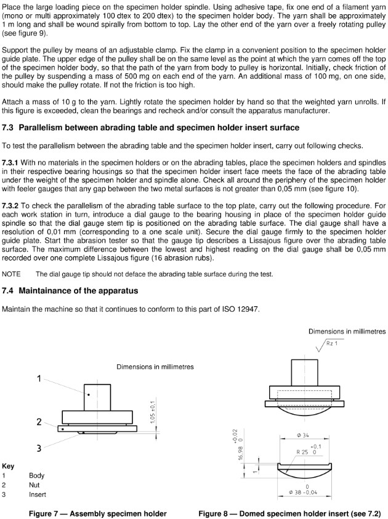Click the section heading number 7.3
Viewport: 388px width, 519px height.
click(x=9, y=128)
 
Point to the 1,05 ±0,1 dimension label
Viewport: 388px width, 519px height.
click(x=153, y=411)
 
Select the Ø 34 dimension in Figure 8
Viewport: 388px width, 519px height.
click(x=302, y=436)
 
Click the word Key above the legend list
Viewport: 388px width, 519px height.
click(x=9, y=466)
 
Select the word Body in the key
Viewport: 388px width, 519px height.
click(x=37, y=476)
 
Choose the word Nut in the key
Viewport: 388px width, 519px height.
click(x=34, y=485)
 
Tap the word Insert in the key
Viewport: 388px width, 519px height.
click(x=37, y=494)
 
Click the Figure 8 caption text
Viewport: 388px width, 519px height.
click(x=289, y=513)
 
